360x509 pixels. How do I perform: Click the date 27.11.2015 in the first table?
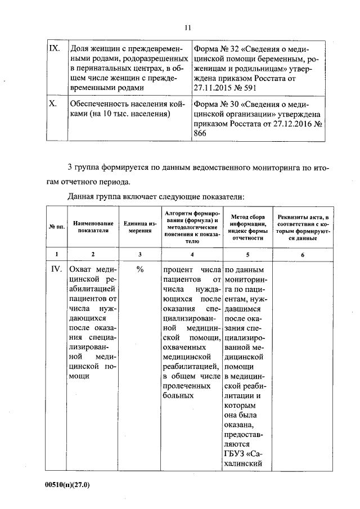coord(215,88)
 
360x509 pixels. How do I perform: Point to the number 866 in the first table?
coord(200,134)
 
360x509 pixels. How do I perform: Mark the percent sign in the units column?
coord(139,269)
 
